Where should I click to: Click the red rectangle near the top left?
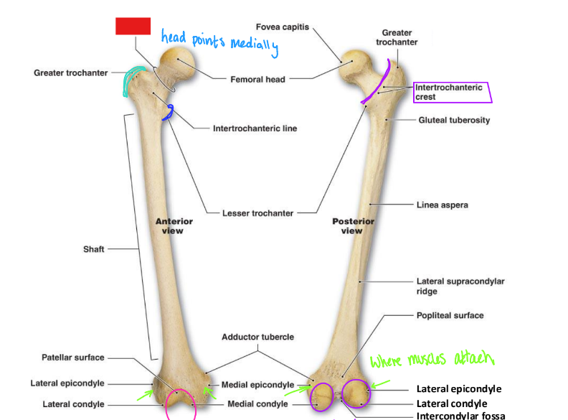click(133, 26)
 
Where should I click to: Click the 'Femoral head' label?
click(257, 79)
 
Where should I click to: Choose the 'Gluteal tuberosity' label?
click(454, 120)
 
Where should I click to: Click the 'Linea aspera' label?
click(442, 205)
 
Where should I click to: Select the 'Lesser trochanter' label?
click(257, 213)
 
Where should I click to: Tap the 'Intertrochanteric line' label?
click(255, 129)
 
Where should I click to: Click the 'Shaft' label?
click(93, 249)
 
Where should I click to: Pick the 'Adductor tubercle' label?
click(257, 337)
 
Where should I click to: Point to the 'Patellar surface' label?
click(72, 358)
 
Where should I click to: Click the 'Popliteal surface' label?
click(450, 315)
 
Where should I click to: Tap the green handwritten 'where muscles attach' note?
click(432, 359)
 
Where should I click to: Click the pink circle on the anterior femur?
click(181, 403)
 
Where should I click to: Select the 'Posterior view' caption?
click(353, 226)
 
